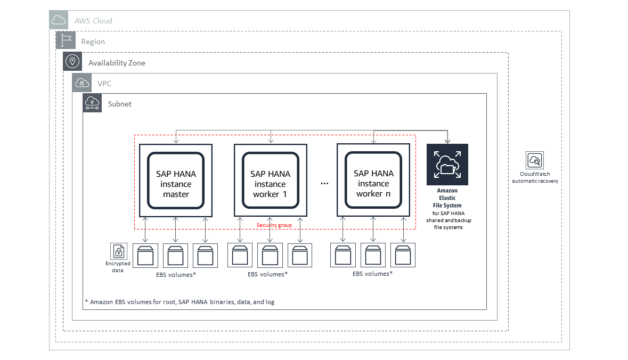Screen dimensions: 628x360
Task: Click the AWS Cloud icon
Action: (x=59, y=20)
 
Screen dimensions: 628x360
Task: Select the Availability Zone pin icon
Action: (x=72, y=62)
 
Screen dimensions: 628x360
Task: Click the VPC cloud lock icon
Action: (x=81, y=83)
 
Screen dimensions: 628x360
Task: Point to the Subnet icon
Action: (x=92, y=103)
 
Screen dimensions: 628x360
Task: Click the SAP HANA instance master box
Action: (x=176, y=181)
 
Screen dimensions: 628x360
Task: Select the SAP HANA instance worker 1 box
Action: (x=271, y=181)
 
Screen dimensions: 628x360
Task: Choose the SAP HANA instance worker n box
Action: (x=373, y=180)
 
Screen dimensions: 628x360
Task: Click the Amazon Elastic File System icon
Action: (x=447, y=165)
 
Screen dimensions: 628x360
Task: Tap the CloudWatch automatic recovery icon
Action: (x=535, y=160)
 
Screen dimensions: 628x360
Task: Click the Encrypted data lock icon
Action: (x=119, y=251)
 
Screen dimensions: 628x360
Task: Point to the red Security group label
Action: (x=274, y=225)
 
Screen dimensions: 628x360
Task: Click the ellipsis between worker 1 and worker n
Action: (x=324, y=183)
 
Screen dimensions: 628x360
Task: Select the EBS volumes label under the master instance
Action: (x=176, y=275)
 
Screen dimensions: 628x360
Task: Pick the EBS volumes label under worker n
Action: (x=372, y=274)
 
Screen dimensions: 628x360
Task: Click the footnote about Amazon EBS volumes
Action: (x=180, y=302)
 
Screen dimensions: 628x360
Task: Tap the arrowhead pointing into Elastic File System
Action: (x=447, y=141)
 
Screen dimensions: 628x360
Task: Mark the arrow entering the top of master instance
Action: (x=176, y=137)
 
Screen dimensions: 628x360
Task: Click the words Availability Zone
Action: (x=117, y=63)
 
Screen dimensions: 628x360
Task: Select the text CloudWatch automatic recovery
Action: (x=535, y=177)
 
